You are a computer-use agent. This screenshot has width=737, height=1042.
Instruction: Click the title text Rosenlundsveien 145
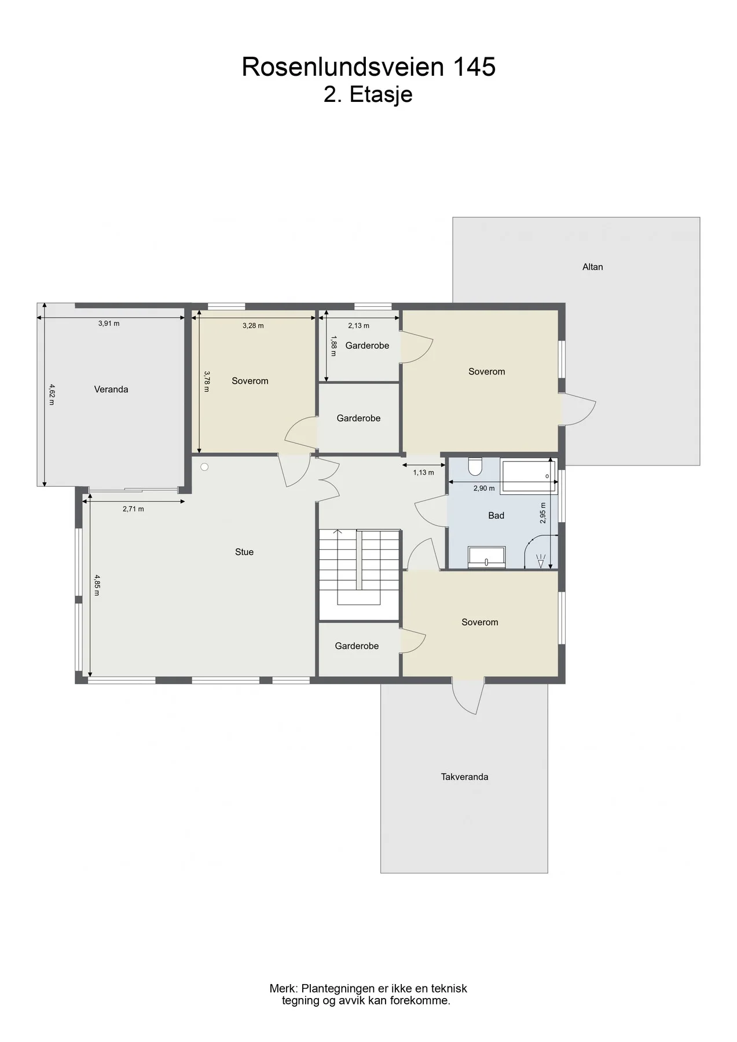click(368, 67)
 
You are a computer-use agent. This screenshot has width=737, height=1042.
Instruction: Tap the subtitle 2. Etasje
click(368, 94)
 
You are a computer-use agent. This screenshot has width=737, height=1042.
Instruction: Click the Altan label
click(592, 267)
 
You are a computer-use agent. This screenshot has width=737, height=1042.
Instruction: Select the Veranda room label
click(111, 390)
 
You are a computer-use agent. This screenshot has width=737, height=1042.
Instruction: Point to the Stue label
click(244, 552)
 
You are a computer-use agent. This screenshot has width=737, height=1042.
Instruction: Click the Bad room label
click(496, 515)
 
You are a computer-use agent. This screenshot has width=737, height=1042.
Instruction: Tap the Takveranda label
click(464, 777)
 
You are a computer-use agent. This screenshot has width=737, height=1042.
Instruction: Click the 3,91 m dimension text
click(109, 324)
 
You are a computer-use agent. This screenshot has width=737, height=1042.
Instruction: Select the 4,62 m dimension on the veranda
click(52, 394)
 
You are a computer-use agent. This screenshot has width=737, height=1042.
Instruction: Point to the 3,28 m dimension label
click(253, 326)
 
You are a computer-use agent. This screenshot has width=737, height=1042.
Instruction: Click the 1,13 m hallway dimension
click(423, 472)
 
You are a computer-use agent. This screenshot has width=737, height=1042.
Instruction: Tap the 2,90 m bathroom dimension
click(484, 489)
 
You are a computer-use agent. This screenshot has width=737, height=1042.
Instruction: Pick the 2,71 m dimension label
click(133, 509)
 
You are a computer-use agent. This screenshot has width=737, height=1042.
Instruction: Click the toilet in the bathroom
click(475, 466)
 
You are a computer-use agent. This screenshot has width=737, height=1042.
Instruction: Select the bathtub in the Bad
click(529, 476)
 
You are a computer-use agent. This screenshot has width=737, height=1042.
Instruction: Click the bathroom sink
click(487, 556)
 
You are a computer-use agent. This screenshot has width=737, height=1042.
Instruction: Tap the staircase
click(360, 574)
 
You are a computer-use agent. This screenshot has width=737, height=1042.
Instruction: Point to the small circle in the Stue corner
click(204, 467)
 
